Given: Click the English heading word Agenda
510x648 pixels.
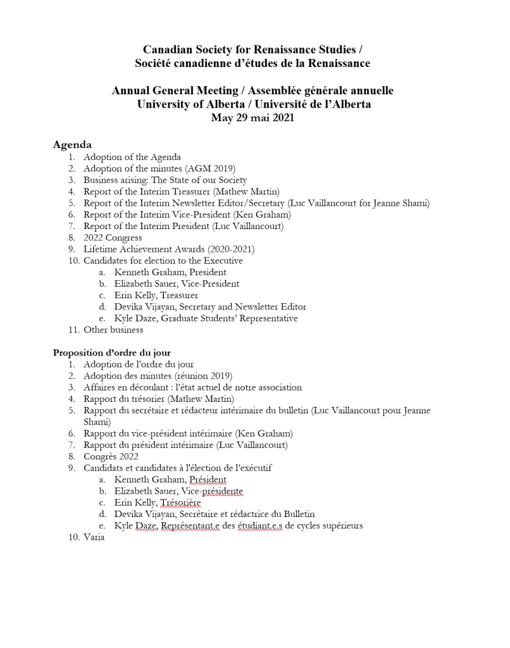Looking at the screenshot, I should click(72, 145).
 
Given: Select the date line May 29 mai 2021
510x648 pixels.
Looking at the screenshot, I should click(252, 118).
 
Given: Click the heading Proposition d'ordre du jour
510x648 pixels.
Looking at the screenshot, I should click(111, 352).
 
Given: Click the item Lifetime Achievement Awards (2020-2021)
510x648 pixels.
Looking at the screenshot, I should click(169, 249).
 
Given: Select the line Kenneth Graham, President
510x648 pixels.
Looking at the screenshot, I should click(170, 272).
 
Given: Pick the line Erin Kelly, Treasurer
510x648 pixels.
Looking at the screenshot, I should click(156, 295).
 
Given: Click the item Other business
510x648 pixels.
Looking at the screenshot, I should click(113, 330).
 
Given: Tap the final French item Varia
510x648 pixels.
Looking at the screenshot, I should click(94, 537).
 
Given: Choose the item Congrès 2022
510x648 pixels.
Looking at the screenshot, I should click(111, 456).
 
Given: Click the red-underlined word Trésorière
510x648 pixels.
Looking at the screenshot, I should click(180, 502).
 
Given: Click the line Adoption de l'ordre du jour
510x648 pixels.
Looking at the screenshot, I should click(139, 364).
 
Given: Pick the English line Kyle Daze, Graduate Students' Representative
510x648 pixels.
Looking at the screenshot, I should click(206, 318).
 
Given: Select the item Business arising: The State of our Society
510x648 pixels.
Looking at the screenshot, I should click(165, 180).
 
